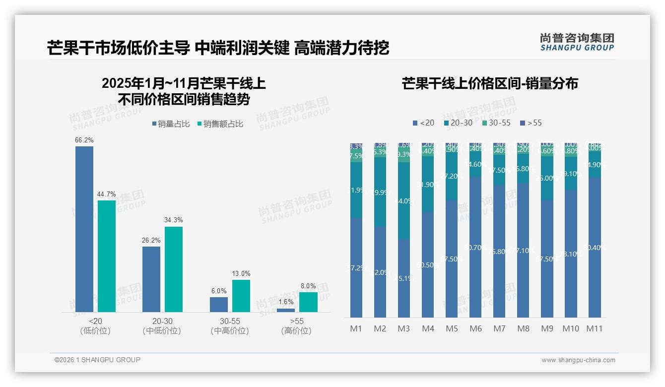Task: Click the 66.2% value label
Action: coord(84,140)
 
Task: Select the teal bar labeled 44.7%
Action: coord(107,256)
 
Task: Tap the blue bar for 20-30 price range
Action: coord(151,279)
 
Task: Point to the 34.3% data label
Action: coord(174,220)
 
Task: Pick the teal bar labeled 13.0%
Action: coord(241,296)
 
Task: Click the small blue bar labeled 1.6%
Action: coord(286,310)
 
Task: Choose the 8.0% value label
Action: coord(308,286)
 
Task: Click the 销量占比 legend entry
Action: coord(170,124)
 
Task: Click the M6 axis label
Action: coord(475,328)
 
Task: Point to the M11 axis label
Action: coord(595,328)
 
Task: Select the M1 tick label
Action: coord(356,328)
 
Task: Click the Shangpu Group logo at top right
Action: coord(577,42)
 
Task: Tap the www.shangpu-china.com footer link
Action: coord(578,360)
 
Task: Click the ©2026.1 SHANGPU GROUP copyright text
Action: coord(97,360)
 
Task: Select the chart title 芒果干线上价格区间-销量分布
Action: coord(490,83)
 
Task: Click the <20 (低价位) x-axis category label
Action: coord(95,326)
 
